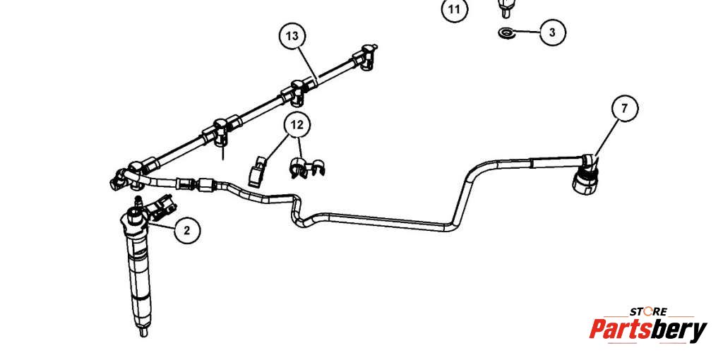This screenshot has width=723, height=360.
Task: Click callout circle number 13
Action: point(292,35)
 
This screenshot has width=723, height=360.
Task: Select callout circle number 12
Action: point(297,125)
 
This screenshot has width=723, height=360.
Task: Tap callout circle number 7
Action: point(624,108)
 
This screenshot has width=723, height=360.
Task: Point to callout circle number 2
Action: point(186,229)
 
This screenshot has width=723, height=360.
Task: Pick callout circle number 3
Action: point(552,32)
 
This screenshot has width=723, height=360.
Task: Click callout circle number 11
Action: point(455,10)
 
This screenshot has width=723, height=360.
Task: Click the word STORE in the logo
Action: point(648,311)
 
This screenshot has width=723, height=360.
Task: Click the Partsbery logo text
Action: point(647,330)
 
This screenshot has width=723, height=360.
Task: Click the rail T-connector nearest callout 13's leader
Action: point(297,90)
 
